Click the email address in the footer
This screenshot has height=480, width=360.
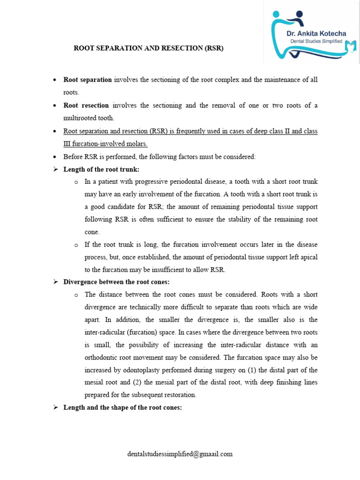(180, 454)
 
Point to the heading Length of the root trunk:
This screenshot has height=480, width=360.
(101, 169)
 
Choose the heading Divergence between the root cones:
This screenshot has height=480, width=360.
(116, 282)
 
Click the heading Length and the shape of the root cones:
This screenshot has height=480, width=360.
(122, 407)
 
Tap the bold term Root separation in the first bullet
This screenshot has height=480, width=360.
(88, 80)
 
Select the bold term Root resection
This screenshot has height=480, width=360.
(86, 105)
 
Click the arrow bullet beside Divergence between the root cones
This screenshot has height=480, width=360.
(55, 282)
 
